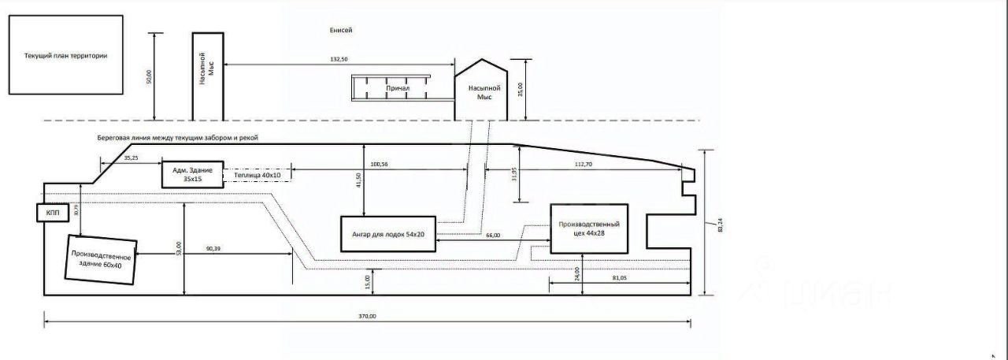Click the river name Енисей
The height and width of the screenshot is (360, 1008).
[341, 31]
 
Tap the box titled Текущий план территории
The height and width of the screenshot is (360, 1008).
[65, 56]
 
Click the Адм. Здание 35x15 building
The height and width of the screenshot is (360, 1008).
[192, 174]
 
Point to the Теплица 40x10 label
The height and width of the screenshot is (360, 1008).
[257, 175]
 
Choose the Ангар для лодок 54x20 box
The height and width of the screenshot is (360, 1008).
[387, 235]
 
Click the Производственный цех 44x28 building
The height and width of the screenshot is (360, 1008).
[590, 228]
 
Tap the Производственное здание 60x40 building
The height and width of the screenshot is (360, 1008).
[101, 259]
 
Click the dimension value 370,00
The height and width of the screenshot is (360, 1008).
[368, 316]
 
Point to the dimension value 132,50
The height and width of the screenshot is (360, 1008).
[339, 59]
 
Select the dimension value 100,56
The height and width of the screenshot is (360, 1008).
[379, 164]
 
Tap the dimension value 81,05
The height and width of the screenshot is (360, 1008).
[619, 277]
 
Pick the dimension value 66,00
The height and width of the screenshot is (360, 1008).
[493, 236]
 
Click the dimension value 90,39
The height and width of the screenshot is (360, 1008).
[213, 249]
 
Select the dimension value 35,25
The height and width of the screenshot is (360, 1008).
[131, 158]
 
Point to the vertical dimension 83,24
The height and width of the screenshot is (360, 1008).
[719, 225]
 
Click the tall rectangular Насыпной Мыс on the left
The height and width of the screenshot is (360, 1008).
[208, 76]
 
